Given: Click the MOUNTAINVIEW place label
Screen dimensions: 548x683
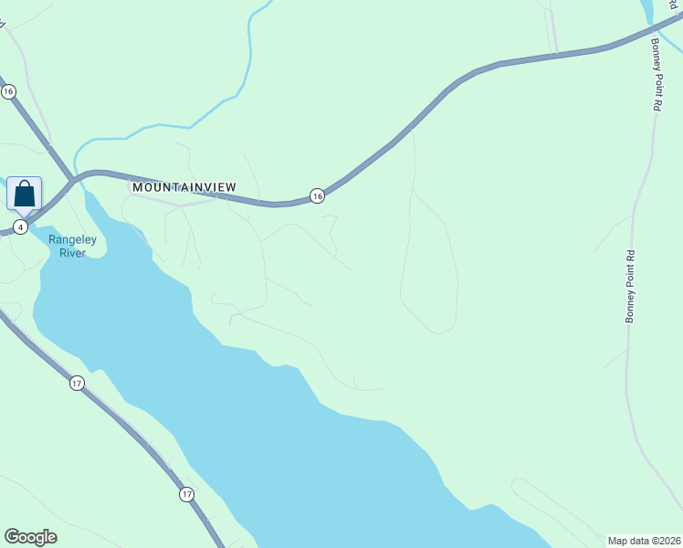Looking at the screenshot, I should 184,186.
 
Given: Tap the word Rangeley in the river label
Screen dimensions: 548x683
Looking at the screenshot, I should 74,240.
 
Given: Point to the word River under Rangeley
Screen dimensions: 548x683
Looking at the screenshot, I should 72,253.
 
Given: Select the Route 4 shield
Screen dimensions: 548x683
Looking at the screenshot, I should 21,227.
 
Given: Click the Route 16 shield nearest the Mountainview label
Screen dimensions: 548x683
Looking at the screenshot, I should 316,195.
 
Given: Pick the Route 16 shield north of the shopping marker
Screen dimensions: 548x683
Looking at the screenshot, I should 8,91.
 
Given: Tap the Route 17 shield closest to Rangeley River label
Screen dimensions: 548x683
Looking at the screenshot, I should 76,384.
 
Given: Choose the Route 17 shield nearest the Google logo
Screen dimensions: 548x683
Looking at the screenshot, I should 186,494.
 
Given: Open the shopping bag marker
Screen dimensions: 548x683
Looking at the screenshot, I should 25,194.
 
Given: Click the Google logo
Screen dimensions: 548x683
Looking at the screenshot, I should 30,537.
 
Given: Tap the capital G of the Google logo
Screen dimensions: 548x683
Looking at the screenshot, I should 12,537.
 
